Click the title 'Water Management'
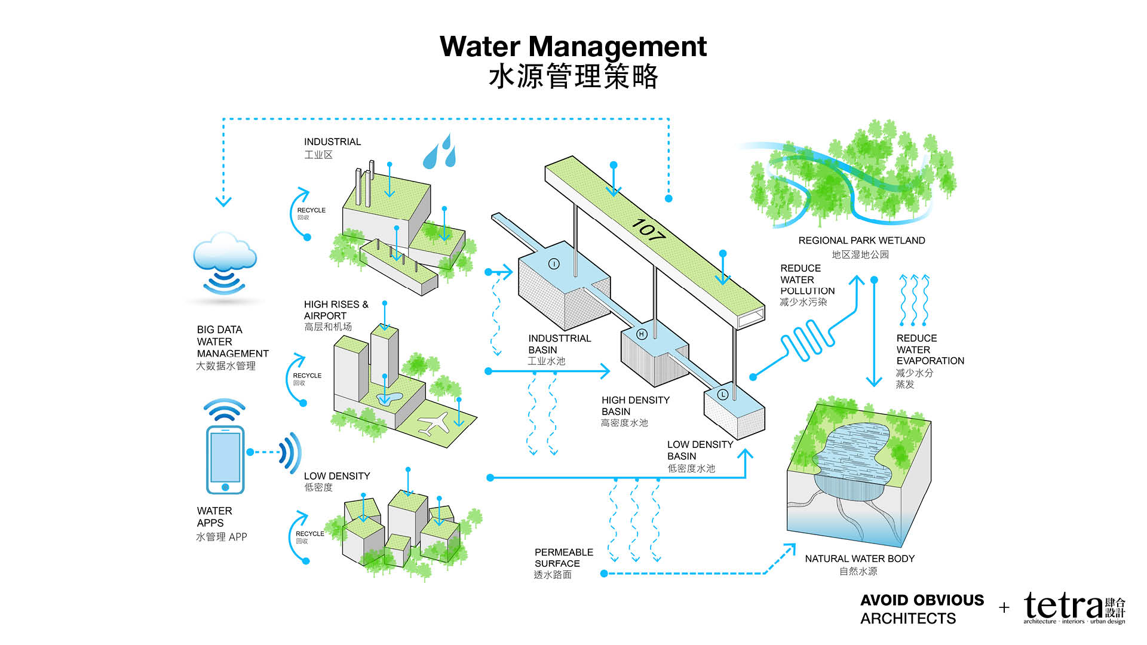[x=573, y=47]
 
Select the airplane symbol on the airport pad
[x=434, y=422]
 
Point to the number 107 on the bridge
[x=648, y=230]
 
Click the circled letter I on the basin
[x=554, y=264]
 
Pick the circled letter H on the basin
[x=642, y=334]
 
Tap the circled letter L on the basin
[x=722, y=394]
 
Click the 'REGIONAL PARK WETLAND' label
[x=861, y=241]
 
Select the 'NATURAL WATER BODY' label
[x=860, y=559]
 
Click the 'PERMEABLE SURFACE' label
[x=563, y=558]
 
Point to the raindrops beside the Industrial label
[x=440, y=152]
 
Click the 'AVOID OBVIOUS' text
[x=922, y=600]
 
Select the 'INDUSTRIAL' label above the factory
[x=332, y=142]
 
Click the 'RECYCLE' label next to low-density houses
[x=309, y=534]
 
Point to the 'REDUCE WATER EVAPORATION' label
[x=930, y=349]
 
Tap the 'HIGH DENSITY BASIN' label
[x=635, y=406]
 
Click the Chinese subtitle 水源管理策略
[x=573, y=77]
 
